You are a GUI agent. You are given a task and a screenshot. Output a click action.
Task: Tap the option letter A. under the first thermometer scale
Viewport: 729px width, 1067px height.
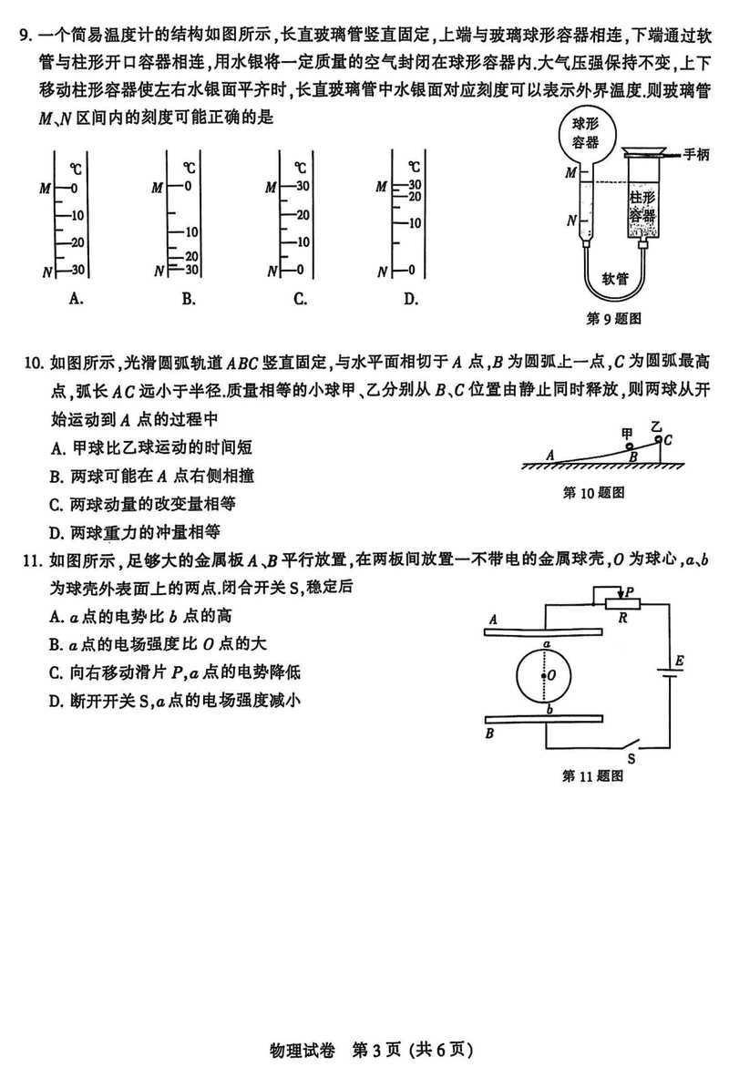pyautogui.click(x=77, y=298)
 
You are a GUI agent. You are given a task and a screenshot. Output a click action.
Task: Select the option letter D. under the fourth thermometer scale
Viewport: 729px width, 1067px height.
pyautogui.click(x=410, y=298)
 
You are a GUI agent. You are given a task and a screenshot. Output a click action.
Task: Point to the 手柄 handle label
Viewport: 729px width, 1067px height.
pyautogui.click(x=697, y=154)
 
